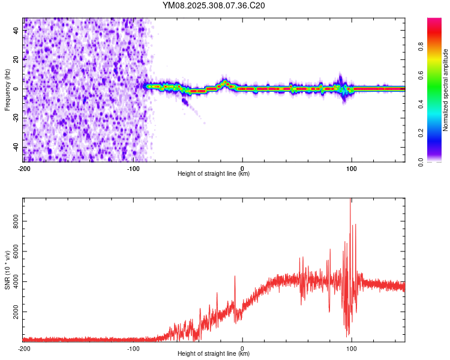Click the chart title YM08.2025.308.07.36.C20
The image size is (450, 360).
[214, 5]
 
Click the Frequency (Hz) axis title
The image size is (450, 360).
[7, 90]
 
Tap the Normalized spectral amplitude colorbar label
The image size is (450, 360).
[446, 90]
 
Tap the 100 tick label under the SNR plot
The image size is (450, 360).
[352, 349]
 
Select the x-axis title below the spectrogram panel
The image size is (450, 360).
[214, 174]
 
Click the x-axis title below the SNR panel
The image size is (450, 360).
[214, 354]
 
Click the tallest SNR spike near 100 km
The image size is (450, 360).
[350, 202]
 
